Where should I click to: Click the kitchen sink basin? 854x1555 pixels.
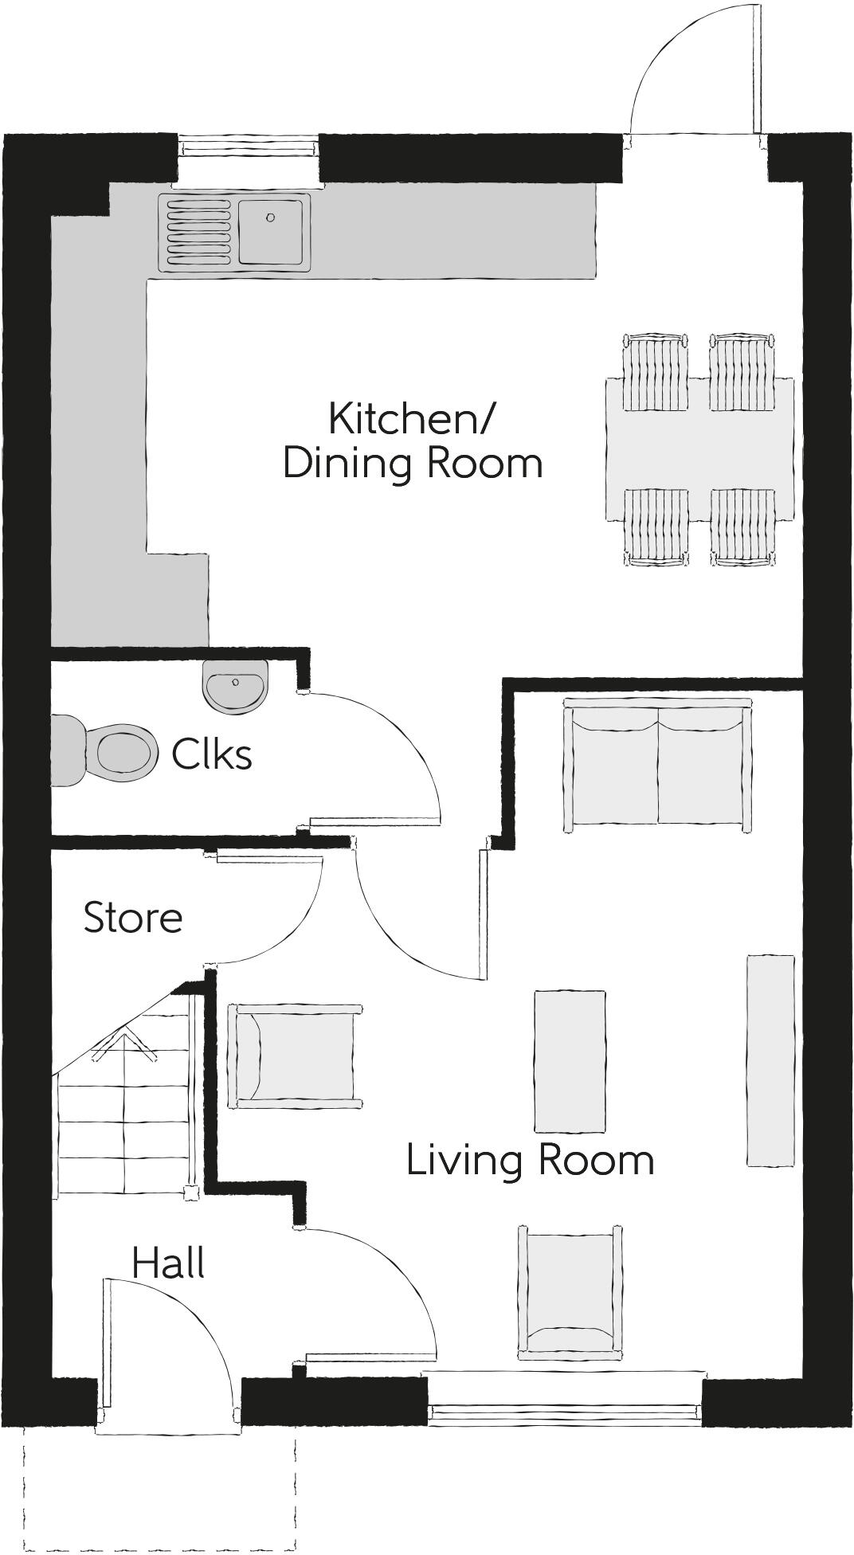click(x=270, y=232)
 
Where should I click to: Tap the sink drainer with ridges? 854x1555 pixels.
click(x=198, y=232)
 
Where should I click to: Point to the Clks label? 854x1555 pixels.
click(x=212, y=754)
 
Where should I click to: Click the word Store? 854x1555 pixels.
click(x=133, y=918)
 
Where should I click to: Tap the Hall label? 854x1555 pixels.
click(x=168, y=1263)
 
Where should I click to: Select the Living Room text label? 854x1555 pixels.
click(x=530, y=1160)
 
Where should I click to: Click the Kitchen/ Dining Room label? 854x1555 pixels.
click(x=413, y=441)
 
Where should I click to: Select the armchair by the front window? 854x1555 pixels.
click(x=569, y=1292)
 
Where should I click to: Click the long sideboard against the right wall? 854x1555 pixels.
click(x=770, y=1060)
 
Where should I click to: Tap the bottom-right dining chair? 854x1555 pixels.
click(x=742, y=526)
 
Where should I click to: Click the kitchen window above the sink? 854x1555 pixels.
click(x=247, y=147)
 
